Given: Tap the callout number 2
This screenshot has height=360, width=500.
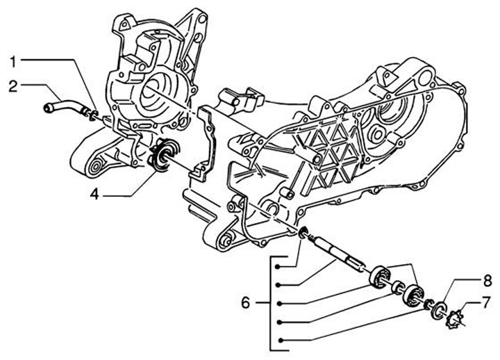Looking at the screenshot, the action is click(x=13, y=86).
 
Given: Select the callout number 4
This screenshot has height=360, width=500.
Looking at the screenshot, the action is click(x=94, y=195).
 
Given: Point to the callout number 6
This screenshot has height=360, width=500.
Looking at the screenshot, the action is click(x=244, y=303).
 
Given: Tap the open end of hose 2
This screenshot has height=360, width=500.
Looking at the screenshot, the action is click(x=49, y=107).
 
